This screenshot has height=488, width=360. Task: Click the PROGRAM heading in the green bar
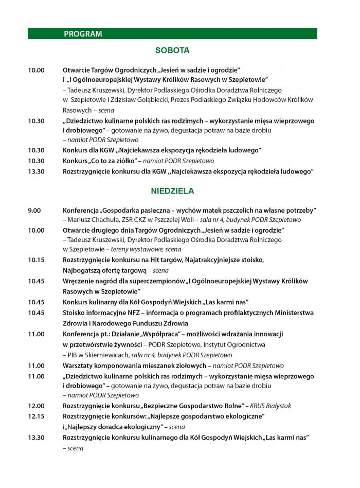(x=83, y=34)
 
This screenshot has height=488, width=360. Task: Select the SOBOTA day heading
(x=172, y=50)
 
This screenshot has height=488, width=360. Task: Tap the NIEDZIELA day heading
(x=172, y=191)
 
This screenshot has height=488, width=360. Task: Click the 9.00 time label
(x=34, y=211)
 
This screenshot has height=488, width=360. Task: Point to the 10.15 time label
(x=36, y=260)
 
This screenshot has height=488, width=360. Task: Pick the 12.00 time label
(x=36, y=406)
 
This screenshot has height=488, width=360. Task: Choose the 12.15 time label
(x=36, y=416)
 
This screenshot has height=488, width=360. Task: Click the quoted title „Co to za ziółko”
(x=115, y=161)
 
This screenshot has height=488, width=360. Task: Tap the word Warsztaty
(x=78, y=365)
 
